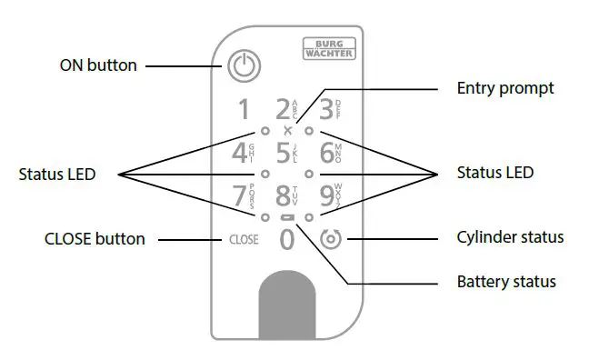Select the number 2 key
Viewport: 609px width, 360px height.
click(283, 110)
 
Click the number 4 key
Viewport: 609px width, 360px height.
click(240, 152)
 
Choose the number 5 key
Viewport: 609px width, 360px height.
click(283, 152)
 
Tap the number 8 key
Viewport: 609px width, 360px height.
click(283, 195)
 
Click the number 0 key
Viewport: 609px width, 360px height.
click(286, 241)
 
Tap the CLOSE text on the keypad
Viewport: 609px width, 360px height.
click(243, 241)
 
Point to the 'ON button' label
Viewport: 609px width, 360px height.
click(98, 65)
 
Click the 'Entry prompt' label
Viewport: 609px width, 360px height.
click(504, 88)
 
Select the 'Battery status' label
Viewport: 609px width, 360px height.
click(506, 282)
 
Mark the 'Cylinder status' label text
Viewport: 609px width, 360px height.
click(509, 238)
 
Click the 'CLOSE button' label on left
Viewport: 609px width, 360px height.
click(95, 239)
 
